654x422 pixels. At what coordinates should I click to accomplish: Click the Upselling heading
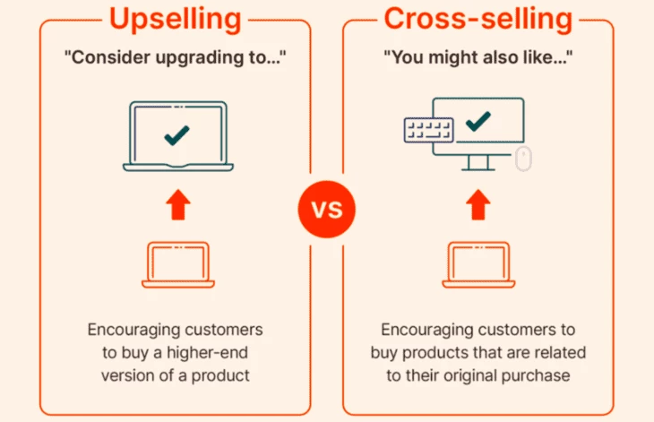[176, 20]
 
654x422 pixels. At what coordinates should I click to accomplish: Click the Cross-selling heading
[478, 19]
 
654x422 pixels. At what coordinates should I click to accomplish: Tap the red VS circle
[327, 209]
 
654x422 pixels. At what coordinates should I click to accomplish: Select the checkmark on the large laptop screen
[176, 135]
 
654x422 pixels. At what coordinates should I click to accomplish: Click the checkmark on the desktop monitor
[478, 121]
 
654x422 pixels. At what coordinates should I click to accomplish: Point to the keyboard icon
[429, 130]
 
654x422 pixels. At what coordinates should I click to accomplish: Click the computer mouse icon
[523, 159]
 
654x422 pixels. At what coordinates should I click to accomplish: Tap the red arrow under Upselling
[178, 204]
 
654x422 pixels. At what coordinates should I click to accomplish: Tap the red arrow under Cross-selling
[478, 204]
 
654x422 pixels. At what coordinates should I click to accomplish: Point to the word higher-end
[207, 353]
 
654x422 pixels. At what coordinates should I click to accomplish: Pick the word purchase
[536, 376]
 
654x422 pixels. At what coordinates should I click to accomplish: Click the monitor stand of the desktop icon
[478, 162]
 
